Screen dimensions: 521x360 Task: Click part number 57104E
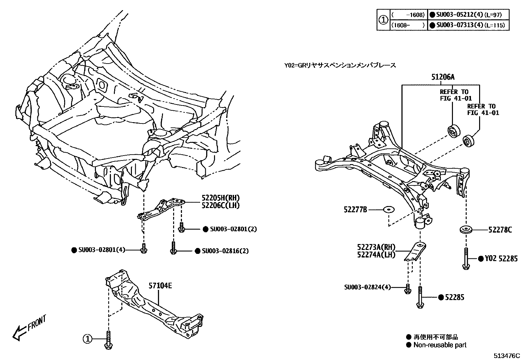[x=160, y=286]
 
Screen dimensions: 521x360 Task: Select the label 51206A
[x=443, y=77]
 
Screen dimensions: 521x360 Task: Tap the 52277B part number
[x=355, y=210]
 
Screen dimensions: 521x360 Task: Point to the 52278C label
[x=500, y=230]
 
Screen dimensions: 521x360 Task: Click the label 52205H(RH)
[x=221, y=198]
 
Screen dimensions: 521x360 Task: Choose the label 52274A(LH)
[x=376, y=255]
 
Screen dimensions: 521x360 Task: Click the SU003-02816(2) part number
[x=225, y=251]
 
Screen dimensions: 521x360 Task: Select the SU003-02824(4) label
[x=368, y=287]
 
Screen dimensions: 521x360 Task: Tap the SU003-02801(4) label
[x=102, y=250]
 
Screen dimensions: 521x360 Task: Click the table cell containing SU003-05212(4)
[x=468, y=15]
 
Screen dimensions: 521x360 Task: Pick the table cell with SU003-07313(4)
[x=468, y=25]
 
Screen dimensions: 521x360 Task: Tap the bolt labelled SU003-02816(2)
[x=173, y=248]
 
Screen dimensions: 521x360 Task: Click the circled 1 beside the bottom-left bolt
[x=87, y=339]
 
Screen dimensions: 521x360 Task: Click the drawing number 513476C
[x=507, y=356]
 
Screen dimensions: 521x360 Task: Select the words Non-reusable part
[x=440, y=345]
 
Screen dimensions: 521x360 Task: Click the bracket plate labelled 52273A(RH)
[x=415, y=252]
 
